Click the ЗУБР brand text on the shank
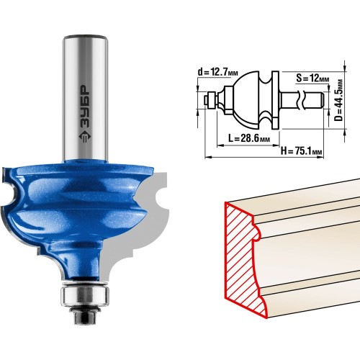[85, 107]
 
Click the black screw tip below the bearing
[85, 316]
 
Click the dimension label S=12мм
[312, 78]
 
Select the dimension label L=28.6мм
[249, 139]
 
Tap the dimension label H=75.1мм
[302, 151]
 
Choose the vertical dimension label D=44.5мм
[339, 100]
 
